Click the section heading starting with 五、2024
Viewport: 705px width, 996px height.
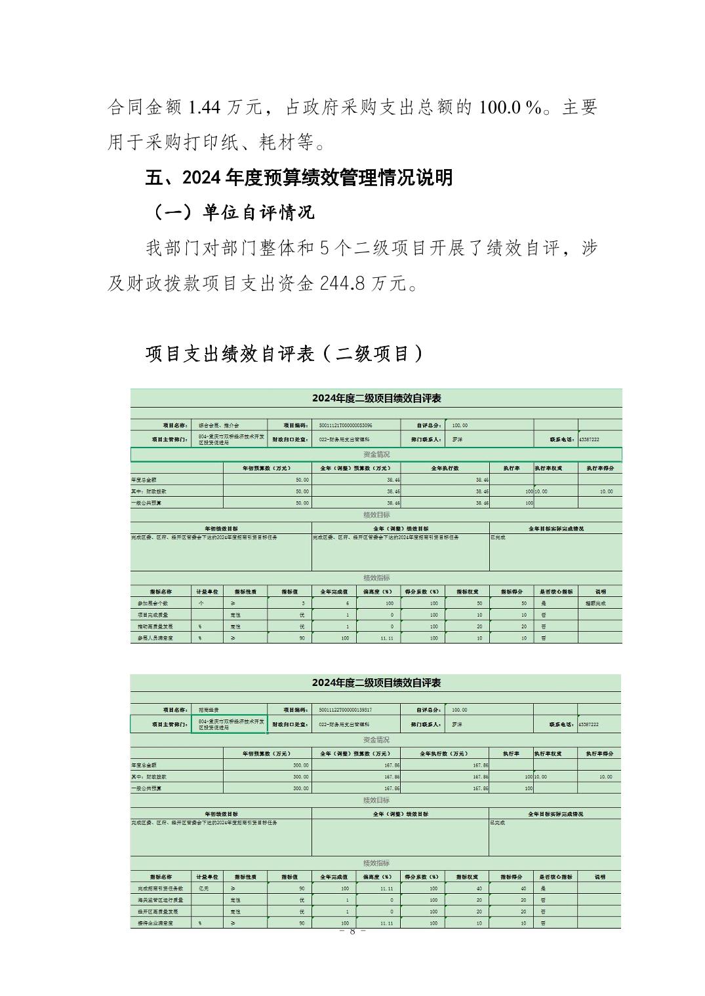(298, 177)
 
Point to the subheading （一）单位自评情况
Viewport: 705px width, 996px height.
(233, 212)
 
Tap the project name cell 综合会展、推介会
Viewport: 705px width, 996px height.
(219, 425)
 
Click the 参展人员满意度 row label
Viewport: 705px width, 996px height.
(155, 638)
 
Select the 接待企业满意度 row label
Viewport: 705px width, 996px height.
(155, 923)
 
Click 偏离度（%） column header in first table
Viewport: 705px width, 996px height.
(378, 591)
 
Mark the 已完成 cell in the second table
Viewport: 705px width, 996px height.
(498, 822)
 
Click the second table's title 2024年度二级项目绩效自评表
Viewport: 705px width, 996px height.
(376, 683)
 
